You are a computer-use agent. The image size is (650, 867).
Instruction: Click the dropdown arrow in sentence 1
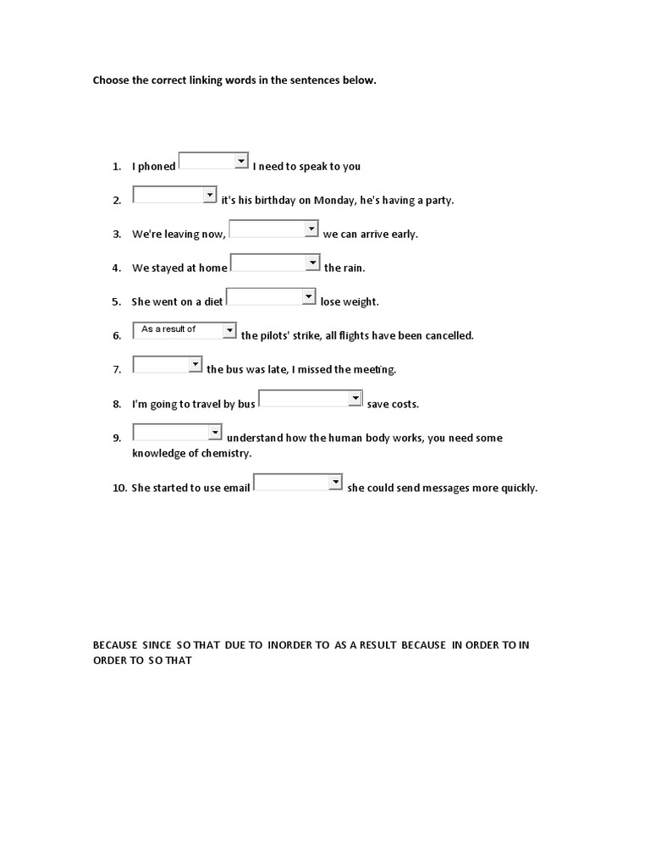(x=241, y=161)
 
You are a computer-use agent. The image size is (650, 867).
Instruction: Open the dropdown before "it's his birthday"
(x=175, y=195)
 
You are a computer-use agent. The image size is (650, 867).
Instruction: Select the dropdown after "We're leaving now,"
(x=274, y=229)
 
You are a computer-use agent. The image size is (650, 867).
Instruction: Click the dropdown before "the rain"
(x=275, y=262)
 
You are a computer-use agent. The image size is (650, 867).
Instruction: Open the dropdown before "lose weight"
(x=271, y=296)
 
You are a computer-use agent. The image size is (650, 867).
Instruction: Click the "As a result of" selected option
(x=168, y=329)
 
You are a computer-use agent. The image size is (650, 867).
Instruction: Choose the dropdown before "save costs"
(x=310, y=398)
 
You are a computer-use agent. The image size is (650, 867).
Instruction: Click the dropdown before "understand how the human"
(x=178, y=432)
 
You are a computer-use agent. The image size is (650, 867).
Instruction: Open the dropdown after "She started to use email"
(x=298, y=483)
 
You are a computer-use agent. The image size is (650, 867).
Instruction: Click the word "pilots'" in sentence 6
(x=278, y=336)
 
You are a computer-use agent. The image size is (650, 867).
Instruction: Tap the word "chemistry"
(x=223, y=454)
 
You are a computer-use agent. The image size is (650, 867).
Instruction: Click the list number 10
(x=119, y=489)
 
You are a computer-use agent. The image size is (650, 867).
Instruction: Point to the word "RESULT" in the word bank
(x=376, y=645)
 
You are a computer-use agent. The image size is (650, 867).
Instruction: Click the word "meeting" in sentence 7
(x=375, y=370)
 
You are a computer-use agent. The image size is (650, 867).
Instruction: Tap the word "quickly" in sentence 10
(x=517, y=489)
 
